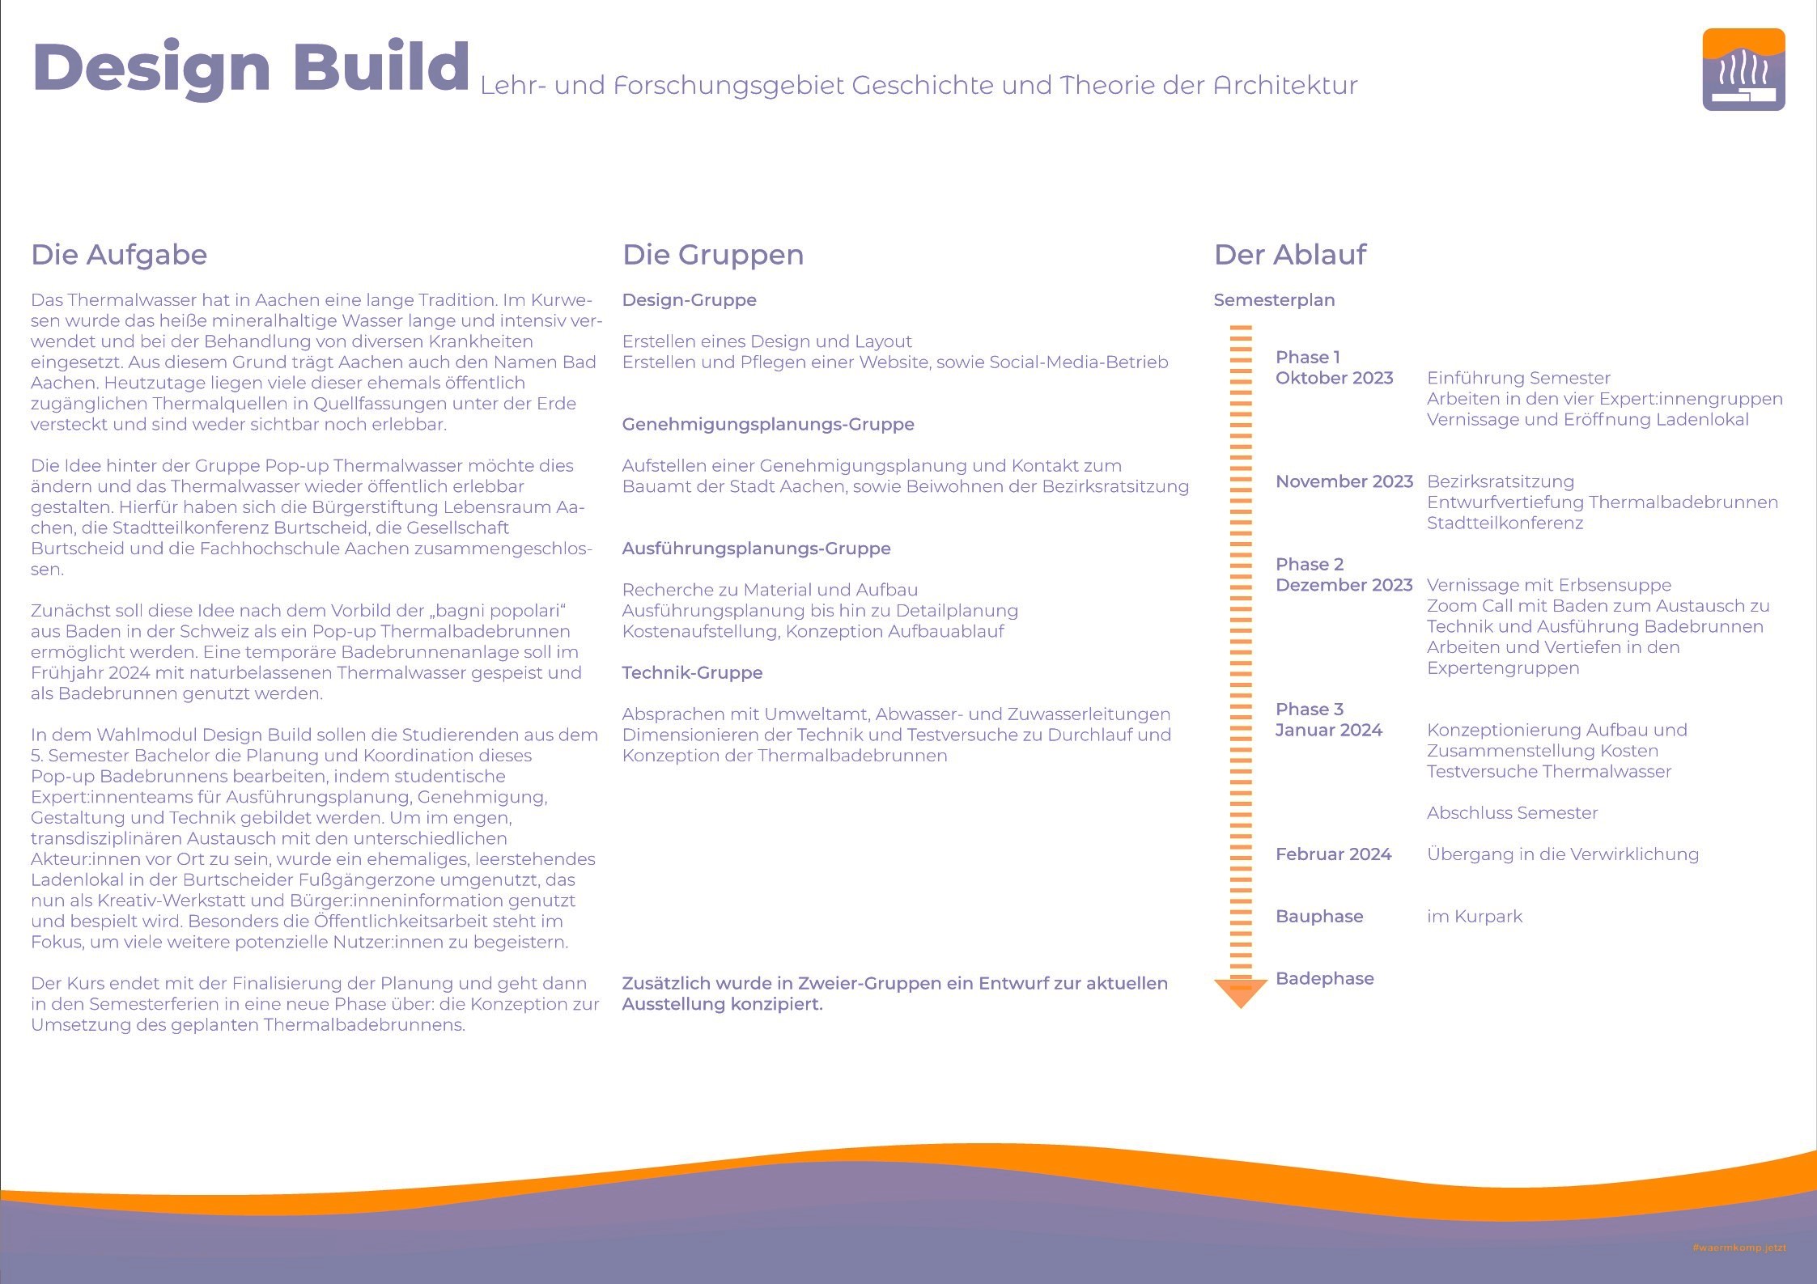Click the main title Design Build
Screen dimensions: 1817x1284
coord(251,68)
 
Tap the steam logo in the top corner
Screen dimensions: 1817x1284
coord(1743,70)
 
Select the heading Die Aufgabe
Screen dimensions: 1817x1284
coord(119,255)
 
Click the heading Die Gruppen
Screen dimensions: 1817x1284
coord(713,256)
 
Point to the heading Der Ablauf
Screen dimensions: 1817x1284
coord(1290,255)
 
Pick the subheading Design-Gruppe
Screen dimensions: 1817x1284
coord(690,300)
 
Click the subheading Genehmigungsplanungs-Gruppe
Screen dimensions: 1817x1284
coord(768,425)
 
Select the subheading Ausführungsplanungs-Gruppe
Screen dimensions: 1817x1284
coord(756,549)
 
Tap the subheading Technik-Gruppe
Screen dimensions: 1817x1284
coord(692,672)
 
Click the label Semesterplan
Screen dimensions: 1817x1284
coord(1274,300)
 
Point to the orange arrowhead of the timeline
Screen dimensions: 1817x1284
coord(1241,994)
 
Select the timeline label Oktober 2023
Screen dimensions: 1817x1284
coord(1335,378)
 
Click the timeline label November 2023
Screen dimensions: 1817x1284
coord(1344,481)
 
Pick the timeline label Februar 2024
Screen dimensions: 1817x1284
coord(1334,854)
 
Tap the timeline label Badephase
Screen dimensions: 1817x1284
coord(1325,979)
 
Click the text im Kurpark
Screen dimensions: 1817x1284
coord(1475,917)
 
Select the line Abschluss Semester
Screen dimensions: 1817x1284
coord(1513,813)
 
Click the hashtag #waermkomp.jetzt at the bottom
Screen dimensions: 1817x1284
coord(1738,1248)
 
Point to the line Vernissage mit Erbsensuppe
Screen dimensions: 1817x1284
coord(1549,585)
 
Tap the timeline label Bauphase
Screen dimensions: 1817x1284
coord(1319,917)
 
